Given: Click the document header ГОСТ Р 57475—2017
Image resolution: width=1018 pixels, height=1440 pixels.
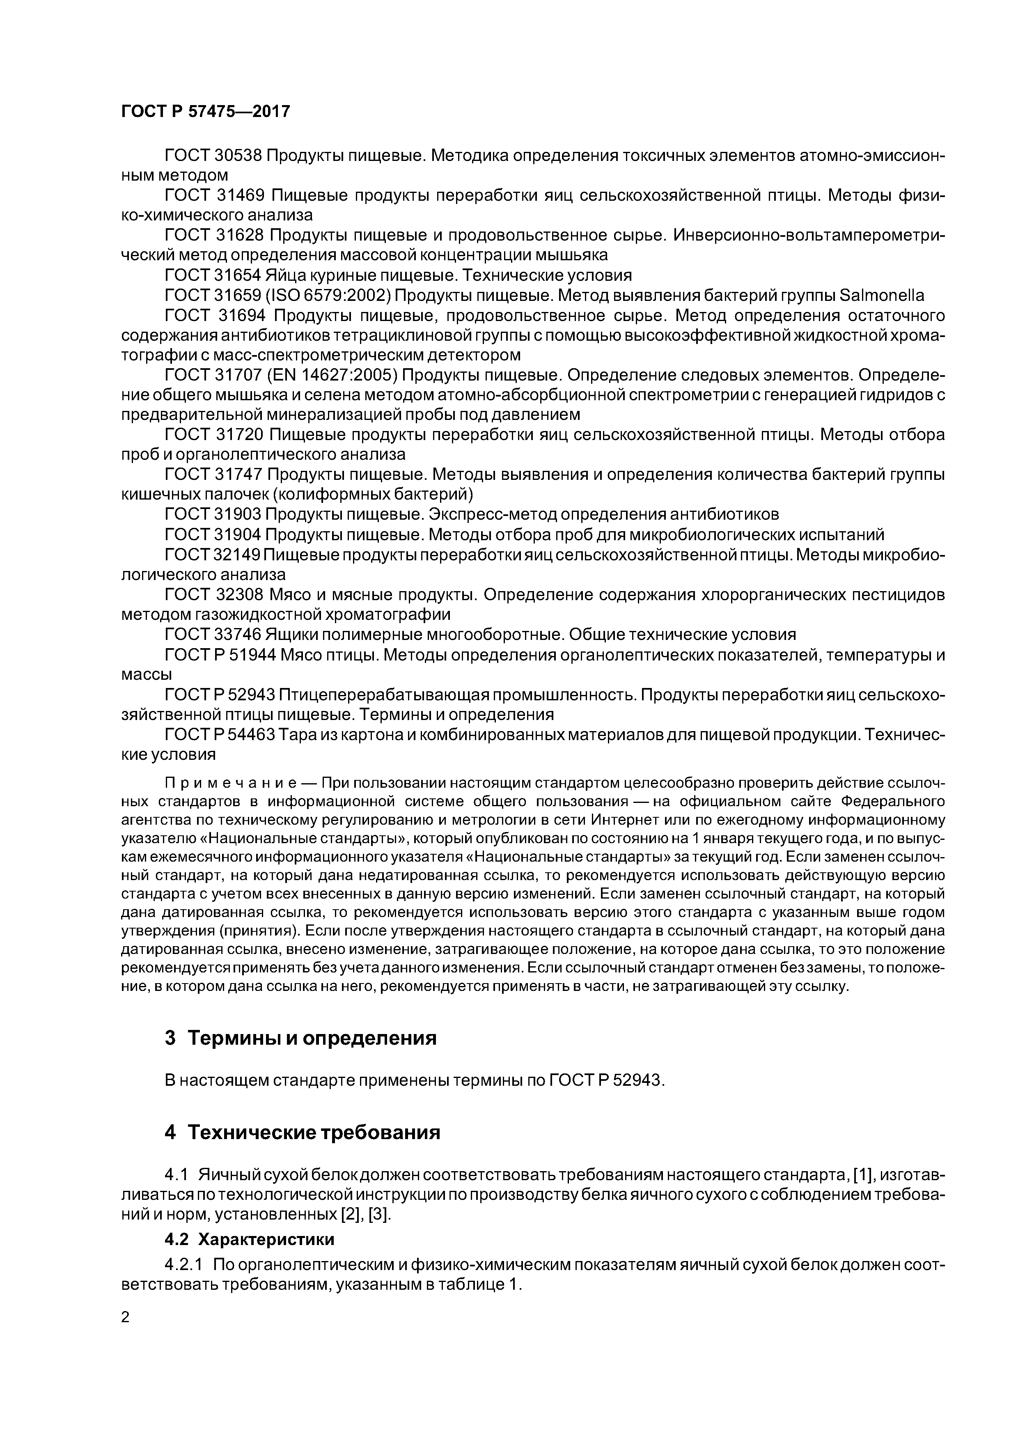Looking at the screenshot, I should pyautogui.click(x=206, y=112).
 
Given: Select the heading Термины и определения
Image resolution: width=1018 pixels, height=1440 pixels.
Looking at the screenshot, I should pyautogui.click(x=312, y=1038).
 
